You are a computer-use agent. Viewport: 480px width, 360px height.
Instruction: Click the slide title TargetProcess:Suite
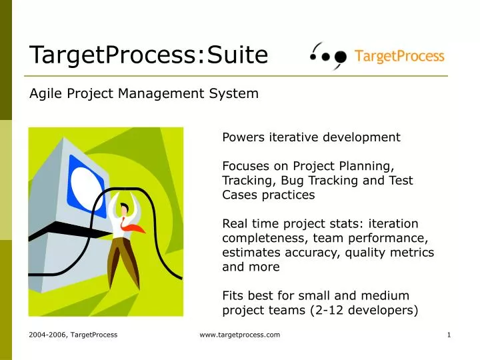[148, 55]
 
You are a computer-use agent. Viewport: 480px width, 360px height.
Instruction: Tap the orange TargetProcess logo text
[399, 56]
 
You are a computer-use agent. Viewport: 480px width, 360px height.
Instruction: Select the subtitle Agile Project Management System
[144, 94]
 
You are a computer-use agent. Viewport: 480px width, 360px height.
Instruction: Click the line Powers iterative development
[311, 137]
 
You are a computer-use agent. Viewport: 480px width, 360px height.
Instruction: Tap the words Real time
[247, 223]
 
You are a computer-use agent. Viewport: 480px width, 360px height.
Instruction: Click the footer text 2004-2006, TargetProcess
[73, 335]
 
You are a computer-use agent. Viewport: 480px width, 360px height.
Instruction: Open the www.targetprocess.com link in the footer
[240, 335]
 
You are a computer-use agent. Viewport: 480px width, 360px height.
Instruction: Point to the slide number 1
[449, 335]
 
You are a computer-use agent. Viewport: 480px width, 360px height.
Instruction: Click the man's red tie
[135, 227]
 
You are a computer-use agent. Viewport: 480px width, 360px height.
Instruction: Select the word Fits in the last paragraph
[233, 295]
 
